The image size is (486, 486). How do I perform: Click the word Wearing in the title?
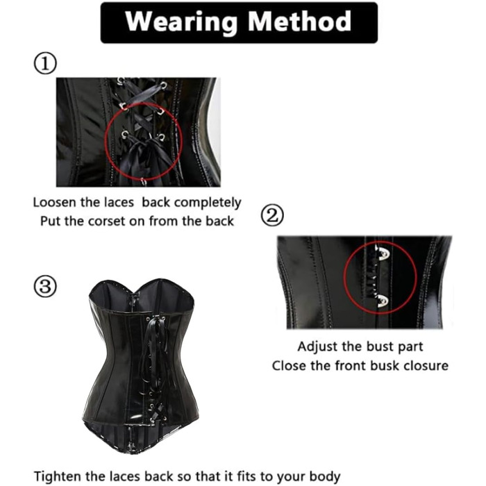181,22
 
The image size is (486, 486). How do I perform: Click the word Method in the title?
299,21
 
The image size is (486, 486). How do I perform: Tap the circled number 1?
45,63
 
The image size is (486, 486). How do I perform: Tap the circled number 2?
272,215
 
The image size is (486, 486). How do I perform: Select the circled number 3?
45,286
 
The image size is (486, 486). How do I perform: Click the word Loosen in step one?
54,203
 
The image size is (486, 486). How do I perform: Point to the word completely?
208,203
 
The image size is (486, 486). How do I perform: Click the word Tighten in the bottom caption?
58,476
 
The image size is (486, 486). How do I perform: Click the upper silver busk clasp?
383,253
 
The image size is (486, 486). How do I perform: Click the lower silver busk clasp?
383,301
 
